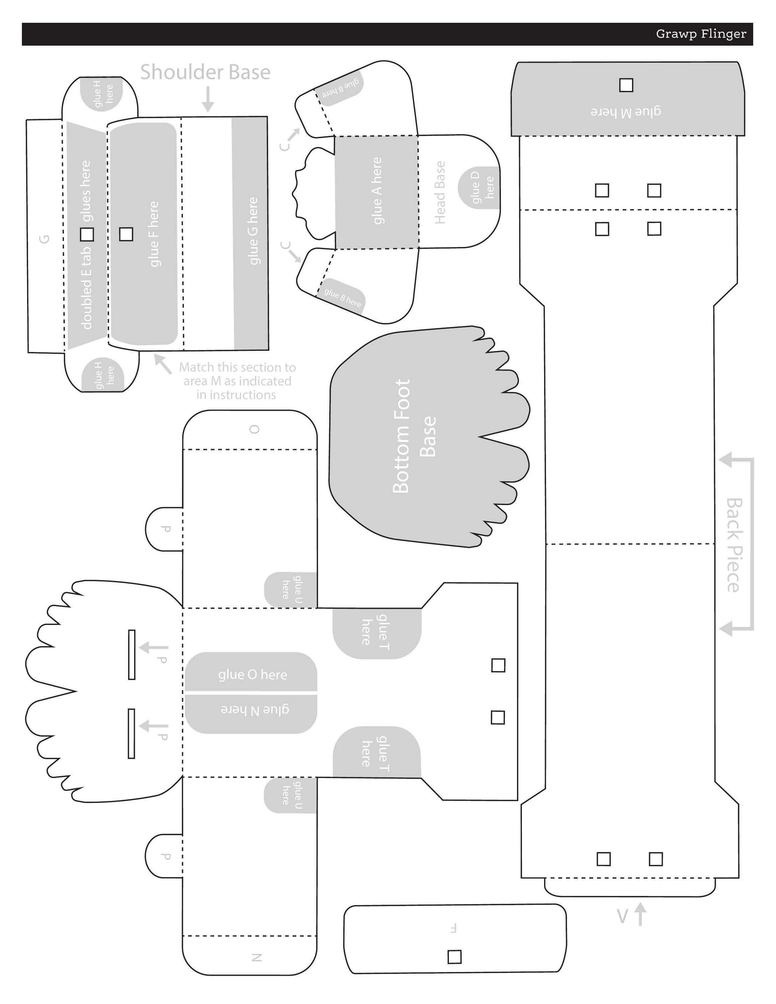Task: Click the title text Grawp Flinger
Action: pos(701,34)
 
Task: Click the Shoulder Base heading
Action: pos(205,72)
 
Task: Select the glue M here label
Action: pos(625,111)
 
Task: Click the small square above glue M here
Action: pos(626,85)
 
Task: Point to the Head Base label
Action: pos(440,193)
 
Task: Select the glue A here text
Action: pos(377,191)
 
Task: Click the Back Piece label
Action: pos(734,545)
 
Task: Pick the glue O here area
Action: pos(252,674)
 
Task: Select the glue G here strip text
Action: pos(252,231)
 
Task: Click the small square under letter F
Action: pos(454,957)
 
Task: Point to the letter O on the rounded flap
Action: pos(254,429)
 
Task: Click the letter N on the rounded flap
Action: pos(256,957)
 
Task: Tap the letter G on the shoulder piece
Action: pos(44,239)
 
